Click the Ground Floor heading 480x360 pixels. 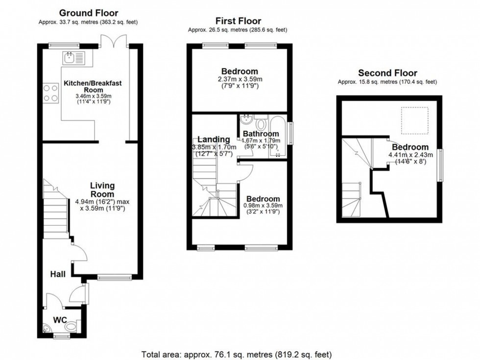(x=89, y=13)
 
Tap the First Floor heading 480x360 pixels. (x=238, y=21)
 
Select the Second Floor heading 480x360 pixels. (x=387, y=73)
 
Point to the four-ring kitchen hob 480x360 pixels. (x=50, y=93)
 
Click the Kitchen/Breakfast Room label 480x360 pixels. (x=93, y=87)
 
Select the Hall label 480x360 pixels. (x=58, y=275)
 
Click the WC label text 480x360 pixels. (x=60, y=320)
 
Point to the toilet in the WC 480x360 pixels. (x=72, y=327)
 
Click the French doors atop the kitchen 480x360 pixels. (x=113, y=42)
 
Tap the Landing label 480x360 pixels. (x=214, y=140)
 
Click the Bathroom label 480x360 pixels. (x=261, y=134)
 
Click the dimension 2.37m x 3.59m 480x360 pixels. (x=239, y=79)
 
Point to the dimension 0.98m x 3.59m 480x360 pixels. (x=264, y=206)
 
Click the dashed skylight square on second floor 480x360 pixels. (x=415, y=120)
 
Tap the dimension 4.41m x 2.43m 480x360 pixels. (x=410, y=155)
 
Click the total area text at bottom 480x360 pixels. (x=237, y=354)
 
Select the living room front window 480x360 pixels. (x=114, y=278)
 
